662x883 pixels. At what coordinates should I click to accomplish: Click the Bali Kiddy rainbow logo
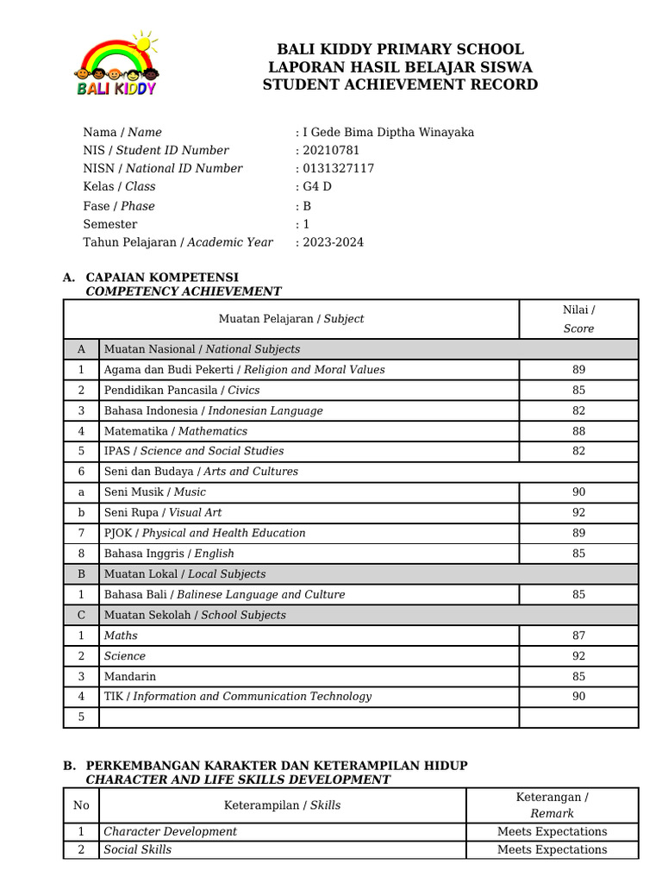pyautogui.click(x=116, y=65)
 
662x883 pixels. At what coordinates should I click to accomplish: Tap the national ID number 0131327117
pyautogui.click(x=337, y=168)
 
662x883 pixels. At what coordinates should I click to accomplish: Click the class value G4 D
pyautogui.click(x=316, y=186)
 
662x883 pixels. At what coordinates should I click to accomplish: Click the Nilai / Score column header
pyautogui.click(x=578, y=318)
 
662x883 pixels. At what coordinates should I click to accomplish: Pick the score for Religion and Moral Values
pyautogui.click(x=578, y=370)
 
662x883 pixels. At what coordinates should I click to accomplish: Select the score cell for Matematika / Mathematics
pyautogui.click(x=578, y=431)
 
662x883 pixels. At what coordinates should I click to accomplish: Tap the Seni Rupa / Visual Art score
pyautogui.click(x=578, y=512)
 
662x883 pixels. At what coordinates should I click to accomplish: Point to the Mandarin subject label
pyautogui.click(x=130, y=676)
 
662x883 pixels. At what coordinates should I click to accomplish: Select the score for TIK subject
pyautogui.click(x=578, y=697)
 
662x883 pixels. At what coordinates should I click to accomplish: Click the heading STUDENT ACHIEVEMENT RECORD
pyautogui.click(x=400, y=85)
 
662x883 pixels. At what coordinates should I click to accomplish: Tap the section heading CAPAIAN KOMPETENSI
pyautogui.click(x=162, y=277)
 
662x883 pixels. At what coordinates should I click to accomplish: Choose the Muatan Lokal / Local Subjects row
pyautogui.click(x=184, y=574)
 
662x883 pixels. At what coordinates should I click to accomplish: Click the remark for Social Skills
pyautogui.click(x=552, y=849)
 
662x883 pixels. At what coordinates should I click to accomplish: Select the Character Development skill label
pyautogui.click(x=170, y=831)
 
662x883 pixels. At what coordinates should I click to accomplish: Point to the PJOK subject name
pyautogui.click(x=204, y=533)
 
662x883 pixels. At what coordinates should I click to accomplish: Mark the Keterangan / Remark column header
pyautogui.click(x=552, y=805)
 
